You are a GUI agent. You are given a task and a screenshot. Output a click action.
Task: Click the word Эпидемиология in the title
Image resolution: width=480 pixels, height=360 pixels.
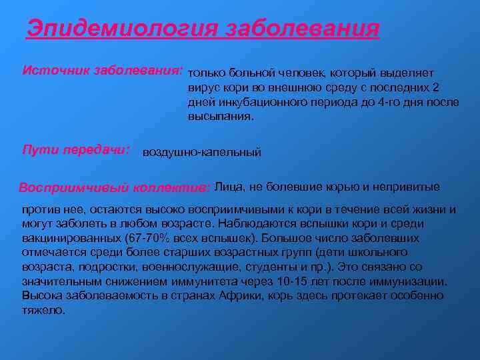123,29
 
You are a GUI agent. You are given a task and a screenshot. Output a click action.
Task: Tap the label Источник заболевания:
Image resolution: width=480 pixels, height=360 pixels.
103,70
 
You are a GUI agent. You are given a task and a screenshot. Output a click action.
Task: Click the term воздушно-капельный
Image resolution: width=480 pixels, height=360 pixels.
202,153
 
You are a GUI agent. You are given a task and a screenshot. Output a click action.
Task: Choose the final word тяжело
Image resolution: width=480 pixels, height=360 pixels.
43,309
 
